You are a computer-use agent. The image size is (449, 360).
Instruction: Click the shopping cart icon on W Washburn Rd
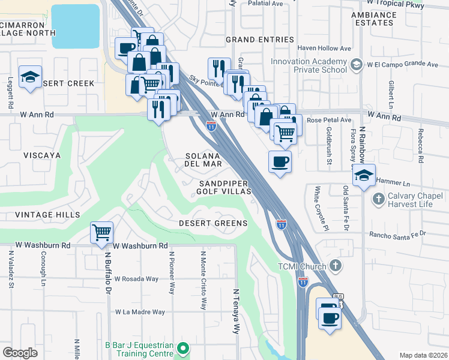[x=102, y=232]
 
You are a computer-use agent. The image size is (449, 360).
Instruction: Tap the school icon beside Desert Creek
[x=30, y=77]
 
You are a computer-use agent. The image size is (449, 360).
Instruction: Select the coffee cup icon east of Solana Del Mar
[x=280, y=162]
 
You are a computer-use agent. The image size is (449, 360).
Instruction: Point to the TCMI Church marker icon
[x=336, y=265]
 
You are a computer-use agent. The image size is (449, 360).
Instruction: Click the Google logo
[x=20, y=352]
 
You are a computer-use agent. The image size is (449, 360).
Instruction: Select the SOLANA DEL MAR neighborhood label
[x=203, y=159]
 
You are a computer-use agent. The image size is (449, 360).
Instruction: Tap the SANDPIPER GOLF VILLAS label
[x=224, y=187]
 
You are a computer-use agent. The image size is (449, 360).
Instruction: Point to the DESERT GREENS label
[x=213, y=223]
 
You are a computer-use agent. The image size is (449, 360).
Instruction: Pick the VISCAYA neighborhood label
[x=42, y=155]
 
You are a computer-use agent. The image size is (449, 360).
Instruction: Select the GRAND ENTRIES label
[x=259, y=40]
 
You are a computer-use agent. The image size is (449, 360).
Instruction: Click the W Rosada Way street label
[x=136, y=279]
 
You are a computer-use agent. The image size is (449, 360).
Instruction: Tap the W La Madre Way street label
[x=140, y=312]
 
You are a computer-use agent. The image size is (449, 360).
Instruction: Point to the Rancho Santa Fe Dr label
[x=397, y=234]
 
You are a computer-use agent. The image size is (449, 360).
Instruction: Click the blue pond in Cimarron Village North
[x=75, y=26]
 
